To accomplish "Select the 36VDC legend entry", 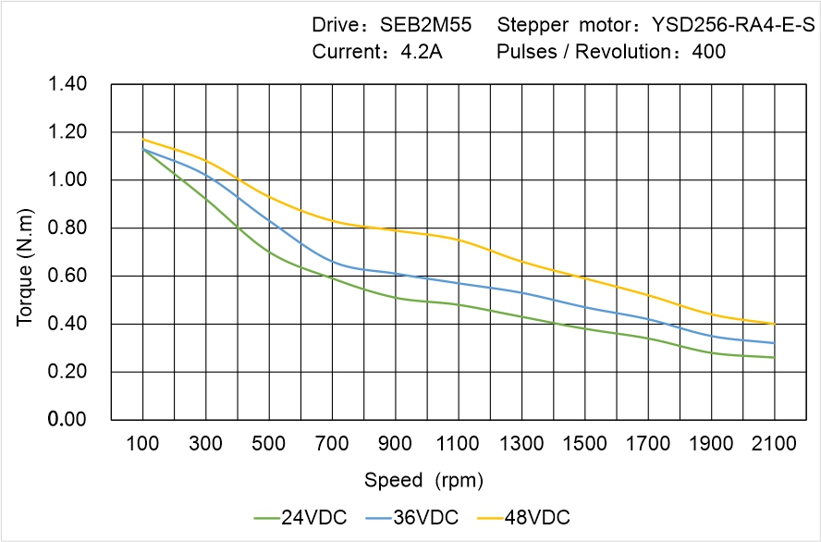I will click(x=424, y=517).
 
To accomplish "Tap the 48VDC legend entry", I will click(x=536, y=517).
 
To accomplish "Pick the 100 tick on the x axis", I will click(x=142, y=444).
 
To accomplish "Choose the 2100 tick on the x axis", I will click(x=774, y=444).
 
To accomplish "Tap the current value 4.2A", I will click(x=422, y=52).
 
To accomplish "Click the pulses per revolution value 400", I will click(x=708, y=52).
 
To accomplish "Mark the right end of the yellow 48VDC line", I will click(x=774, y=324).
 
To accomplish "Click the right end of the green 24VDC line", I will click(x=774, y=357).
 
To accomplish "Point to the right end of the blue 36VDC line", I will click(x=774, y=343).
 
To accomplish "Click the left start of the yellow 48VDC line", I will click(x=142, y=140).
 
